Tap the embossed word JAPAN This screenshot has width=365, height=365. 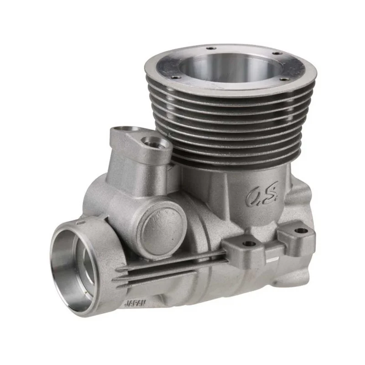[135, 303]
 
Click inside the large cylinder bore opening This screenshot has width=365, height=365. [230, 68]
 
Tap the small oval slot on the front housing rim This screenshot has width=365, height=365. [80, 223]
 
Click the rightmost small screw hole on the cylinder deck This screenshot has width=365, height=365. [283, 79]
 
